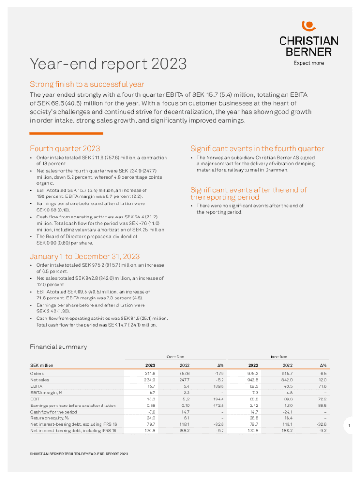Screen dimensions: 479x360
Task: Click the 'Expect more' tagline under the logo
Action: click(309, 63)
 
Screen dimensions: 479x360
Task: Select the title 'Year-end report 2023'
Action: click(108, 64)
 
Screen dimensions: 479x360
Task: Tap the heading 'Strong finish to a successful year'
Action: click(87, 84)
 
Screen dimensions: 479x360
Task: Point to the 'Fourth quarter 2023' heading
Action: click(65, 148)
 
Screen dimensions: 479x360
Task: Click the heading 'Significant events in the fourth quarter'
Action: click(257, 148)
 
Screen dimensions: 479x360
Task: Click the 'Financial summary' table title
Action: click(58, 347)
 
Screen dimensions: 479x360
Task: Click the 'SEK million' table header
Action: click(42, 365)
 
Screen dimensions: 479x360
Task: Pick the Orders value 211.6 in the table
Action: click(150, 374)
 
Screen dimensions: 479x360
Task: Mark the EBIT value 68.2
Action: click(254, 399)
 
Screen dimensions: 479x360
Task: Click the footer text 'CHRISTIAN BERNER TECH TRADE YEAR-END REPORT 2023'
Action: click(79, 454)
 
